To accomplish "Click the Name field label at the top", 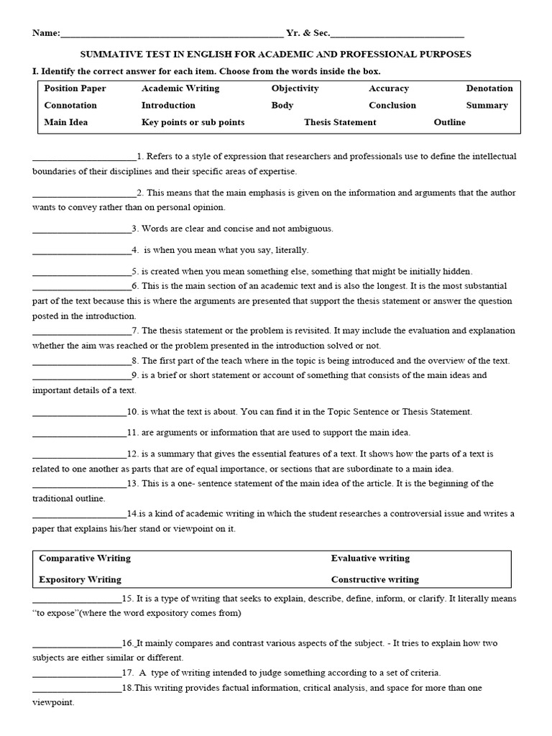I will click(45, 33).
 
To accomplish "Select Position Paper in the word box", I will click(75, 88).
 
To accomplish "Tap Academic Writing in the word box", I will click(180, 88).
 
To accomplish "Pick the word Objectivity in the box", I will click(295, 88).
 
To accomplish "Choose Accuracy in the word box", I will click(389, 88).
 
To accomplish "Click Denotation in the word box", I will click(489, 88).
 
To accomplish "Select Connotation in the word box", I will click(70, 105).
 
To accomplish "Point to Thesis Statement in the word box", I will click(340, 122).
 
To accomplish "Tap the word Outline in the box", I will click(449, 122).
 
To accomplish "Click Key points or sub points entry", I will click(193, 122).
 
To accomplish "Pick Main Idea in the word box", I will click(66, 122).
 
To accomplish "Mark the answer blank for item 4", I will click(81, 251).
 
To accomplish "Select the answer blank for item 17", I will click(77, 674).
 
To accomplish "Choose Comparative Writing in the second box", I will click(85, 558).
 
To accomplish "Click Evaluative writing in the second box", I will click(370, 558).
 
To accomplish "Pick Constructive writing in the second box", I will click(374, 579).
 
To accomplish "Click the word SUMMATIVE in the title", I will click(110, 55).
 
